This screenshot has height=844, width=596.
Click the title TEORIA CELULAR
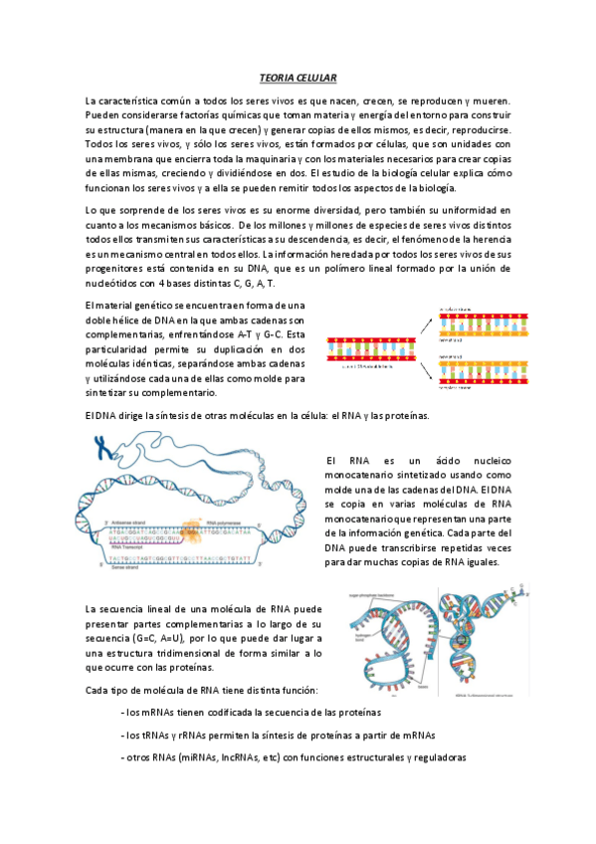click(x=298, y=77)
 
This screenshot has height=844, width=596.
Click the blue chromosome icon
click(x=101, y=450)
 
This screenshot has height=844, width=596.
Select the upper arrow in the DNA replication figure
click(x=426, y=324)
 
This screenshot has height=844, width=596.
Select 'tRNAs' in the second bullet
click(x=159, y=736)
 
